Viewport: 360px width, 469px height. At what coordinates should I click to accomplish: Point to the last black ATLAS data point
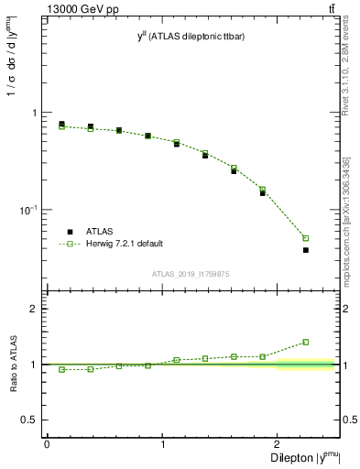tap(306, 250)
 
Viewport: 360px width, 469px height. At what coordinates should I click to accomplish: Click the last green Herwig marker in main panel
tap(306, 238)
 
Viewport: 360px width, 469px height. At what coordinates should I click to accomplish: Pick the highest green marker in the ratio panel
tap(306, 343)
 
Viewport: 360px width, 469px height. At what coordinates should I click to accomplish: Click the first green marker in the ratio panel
tap(61, 369)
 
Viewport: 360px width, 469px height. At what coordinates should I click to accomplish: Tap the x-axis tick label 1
tap(162, 444)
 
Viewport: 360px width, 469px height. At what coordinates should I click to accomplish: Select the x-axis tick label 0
tap(47, 444)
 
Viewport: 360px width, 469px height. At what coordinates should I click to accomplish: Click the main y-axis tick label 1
tap(35, 113)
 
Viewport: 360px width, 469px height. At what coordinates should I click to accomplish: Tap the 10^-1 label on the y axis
tap(29, 210)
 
